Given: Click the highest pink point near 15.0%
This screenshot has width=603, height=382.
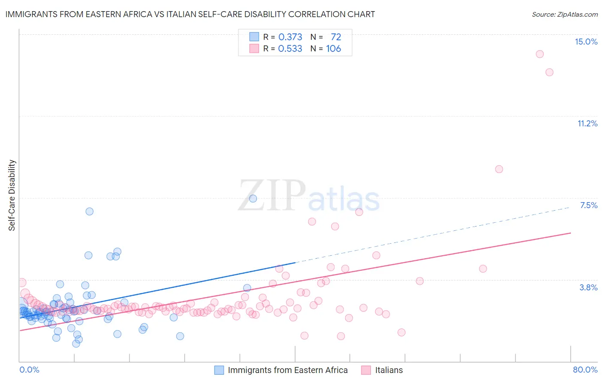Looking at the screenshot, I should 540,54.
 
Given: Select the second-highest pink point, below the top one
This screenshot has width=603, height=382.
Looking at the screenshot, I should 549,72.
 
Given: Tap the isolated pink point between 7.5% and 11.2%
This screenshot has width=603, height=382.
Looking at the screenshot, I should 499,169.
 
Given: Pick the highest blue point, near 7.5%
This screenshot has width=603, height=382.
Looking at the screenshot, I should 253,198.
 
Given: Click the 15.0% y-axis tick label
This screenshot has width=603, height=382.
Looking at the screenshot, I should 586,42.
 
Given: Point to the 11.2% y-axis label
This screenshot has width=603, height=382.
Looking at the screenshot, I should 587,123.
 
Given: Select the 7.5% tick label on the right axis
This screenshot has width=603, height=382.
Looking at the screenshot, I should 588,205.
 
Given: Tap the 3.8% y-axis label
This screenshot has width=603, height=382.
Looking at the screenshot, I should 588,287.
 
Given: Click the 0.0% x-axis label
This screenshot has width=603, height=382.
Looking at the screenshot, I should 29,370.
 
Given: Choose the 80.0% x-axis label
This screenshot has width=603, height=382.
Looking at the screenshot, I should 585,370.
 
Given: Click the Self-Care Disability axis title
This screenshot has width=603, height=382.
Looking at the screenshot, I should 12,195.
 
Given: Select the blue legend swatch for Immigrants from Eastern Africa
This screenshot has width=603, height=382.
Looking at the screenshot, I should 219,370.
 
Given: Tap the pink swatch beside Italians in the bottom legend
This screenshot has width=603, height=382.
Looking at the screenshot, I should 366,370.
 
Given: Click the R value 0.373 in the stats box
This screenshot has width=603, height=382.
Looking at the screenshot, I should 290,37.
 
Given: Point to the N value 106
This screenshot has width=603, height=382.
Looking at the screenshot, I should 333,48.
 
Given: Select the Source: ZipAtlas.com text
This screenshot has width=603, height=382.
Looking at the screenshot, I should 564,14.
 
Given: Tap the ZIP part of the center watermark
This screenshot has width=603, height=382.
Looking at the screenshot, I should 272,195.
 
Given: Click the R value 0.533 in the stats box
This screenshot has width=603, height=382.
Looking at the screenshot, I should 290,48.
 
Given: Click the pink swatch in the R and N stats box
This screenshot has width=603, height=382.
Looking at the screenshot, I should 254,48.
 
